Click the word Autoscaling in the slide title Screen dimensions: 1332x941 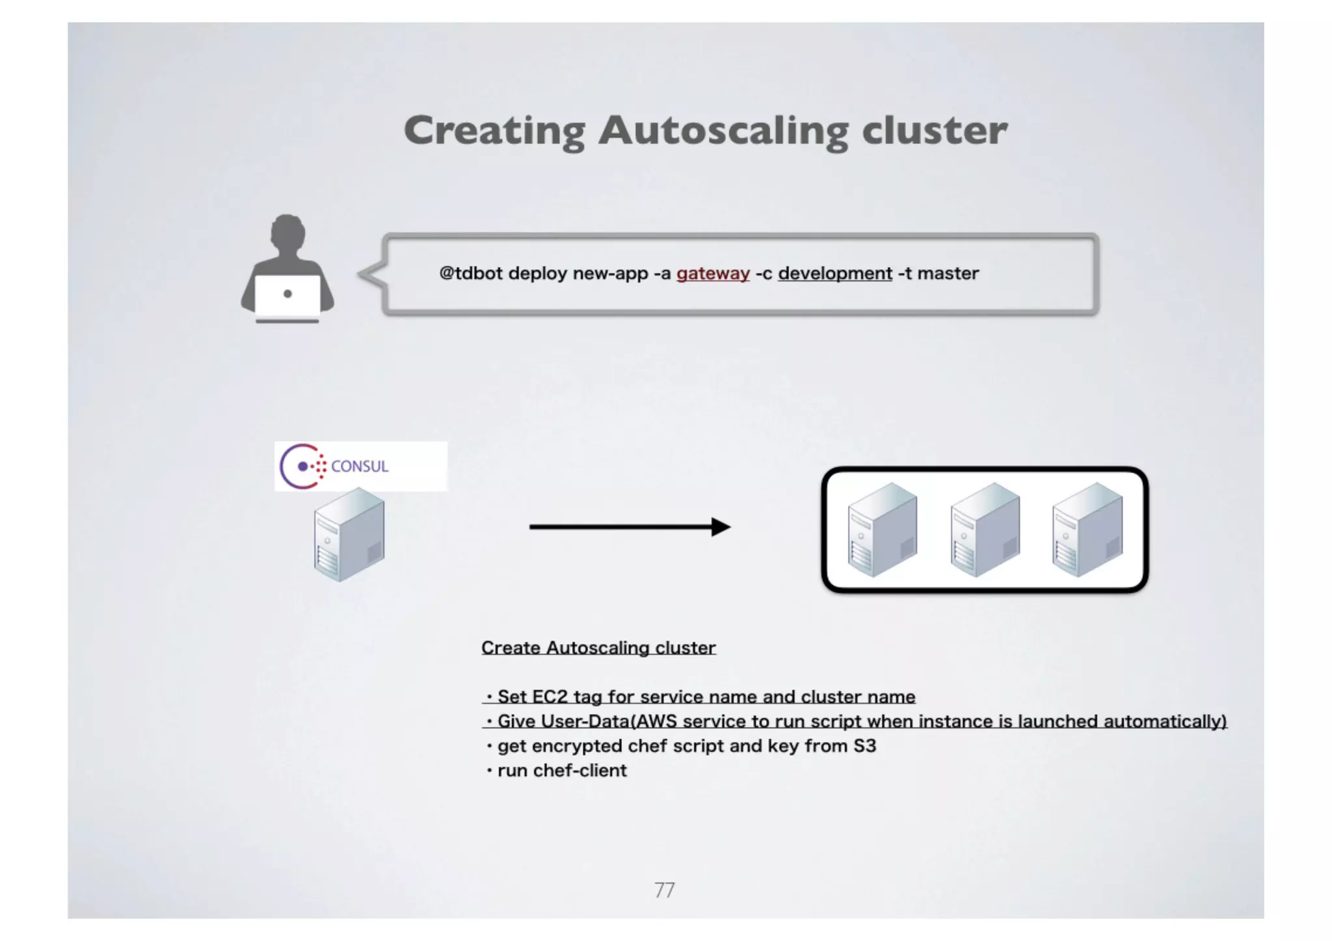(723, 131)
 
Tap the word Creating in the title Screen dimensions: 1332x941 (494, 131)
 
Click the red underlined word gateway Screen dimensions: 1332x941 (713, 274)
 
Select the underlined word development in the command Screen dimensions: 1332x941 (835, 274)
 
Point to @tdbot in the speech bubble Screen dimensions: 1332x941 (471, 274)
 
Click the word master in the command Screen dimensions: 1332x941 (948, 274)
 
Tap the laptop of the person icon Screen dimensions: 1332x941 (287, 296)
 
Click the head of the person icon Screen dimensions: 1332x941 (287, 233)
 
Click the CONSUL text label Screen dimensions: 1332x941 (360, 467)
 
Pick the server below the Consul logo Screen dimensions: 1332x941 (349, 535)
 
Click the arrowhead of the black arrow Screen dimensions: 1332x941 (720, 527)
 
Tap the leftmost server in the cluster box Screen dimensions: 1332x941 (883, 530)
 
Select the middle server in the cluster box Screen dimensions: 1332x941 (985, 530)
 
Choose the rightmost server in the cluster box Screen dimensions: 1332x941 (1087, 530)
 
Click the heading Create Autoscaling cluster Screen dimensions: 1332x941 (598, 648)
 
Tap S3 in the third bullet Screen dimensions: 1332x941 (864, 746)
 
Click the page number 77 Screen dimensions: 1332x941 (665, 890)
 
